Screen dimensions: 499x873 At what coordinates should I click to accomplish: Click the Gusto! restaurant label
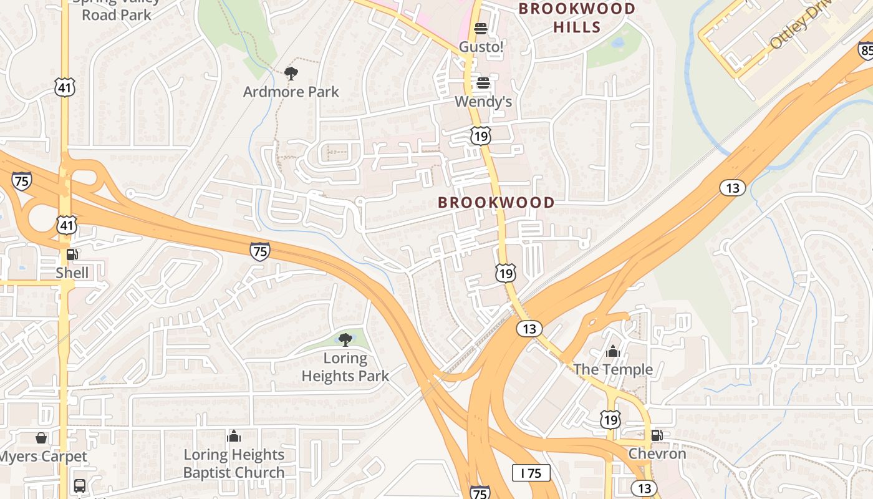point(481,47)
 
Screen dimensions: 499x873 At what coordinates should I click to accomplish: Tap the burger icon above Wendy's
point(483,83)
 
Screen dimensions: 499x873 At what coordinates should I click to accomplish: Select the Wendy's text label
point(483,101)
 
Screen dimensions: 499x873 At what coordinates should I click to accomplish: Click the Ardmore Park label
point(291,92)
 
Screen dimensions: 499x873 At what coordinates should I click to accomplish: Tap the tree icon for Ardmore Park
point(291,74)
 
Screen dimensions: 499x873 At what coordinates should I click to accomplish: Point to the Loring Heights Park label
point(345,367)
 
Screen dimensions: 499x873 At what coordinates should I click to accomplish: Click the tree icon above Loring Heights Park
point(345,340)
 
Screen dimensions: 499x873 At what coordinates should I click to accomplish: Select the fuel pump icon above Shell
point(72,254)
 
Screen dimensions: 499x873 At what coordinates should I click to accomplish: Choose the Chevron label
point(657,453)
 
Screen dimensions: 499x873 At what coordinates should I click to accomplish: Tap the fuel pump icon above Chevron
point(656,435)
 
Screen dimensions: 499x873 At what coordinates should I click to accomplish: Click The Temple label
point(613,369)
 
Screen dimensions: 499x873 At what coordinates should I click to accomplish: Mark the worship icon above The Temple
point(613,351)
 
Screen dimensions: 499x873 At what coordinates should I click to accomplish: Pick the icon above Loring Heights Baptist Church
point(234,436)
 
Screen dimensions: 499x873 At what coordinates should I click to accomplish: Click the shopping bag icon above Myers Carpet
point(41,438)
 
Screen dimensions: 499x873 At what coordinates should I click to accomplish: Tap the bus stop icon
point(80,485)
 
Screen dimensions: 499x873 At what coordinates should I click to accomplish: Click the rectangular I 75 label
point(531,473)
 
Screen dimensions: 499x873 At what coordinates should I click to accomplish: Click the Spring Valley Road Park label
point(117,9)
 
